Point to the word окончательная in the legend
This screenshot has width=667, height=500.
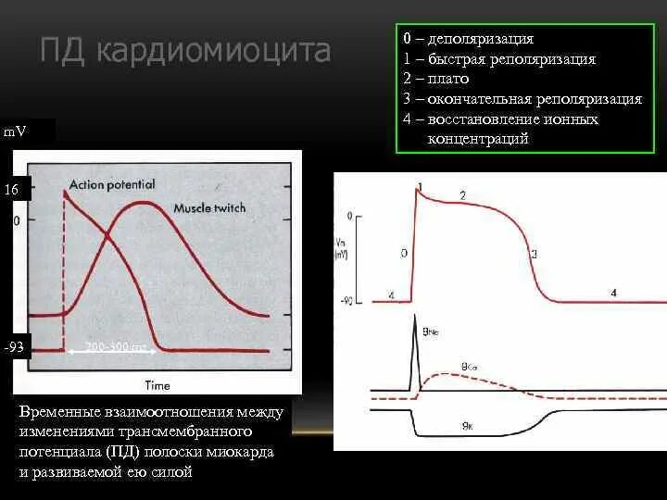click(x=477, y=99)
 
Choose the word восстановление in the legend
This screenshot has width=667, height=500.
click(x=485, y=119)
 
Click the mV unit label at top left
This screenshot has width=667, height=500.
click(x=15, y=131)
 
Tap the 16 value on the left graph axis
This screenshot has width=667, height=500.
click(x=11, y=189)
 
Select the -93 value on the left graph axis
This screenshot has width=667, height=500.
click(x=13, y=348)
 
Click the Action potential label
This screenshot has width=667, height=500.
click(x=111, y=184)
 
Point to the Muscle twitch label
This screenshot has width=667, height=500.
click(x=208, y=207)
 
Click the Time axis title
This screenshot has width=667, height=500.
click(x=157, y=384)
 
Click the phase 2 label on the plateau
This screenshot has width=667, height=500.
click(x=462, y=194)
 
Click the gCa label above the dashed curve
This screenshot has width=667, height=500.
click(x=469, y=366)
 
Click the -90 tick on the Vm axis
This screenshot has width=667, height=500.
click(x=347, y=300)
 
